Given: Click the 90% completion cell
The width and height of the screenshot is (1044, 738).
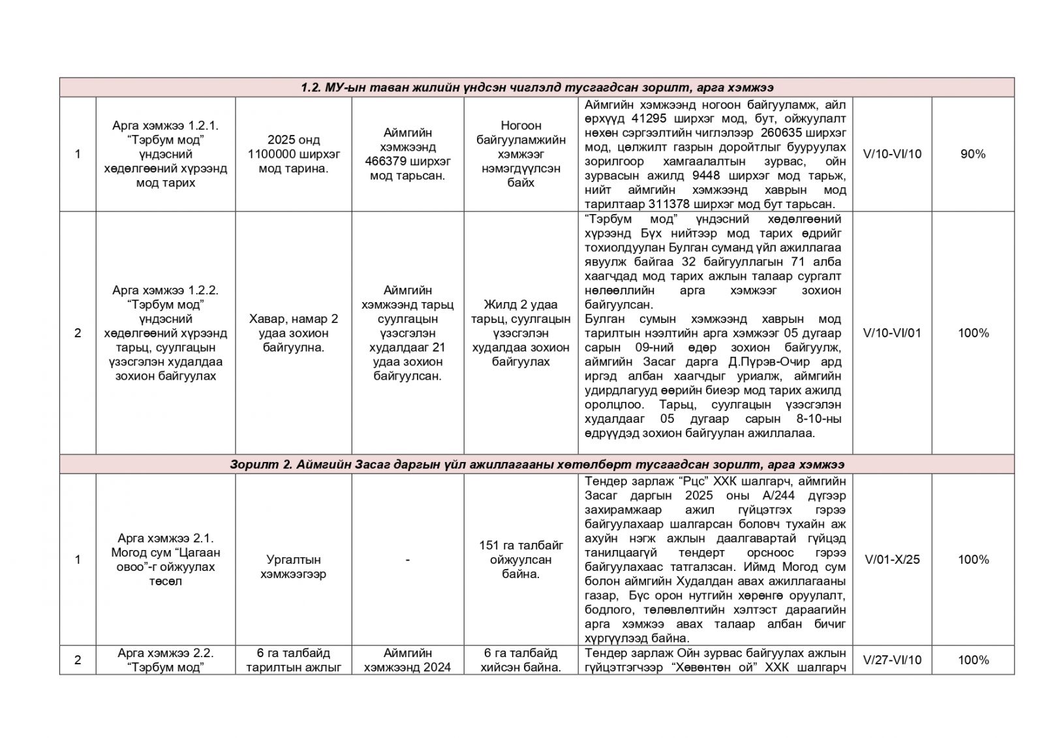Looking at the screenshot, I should [x=972, y=154].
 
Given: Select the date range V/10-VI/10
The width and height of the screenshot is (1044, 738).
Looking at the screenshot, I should [x=892, y=154].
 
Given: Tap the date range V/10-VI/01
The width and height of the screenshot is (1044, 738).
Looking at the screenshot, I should [x=892, y=333].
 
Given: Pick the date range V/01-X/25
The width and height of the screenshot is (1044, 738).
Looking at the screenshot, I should [x=892, y=559].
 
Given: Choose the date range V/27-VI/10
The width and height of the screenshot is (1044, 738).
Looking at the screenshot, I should [x=892, y=660].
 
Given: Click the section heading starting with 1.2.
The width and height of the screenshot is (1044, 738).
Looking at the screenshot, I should [x=536, y=87].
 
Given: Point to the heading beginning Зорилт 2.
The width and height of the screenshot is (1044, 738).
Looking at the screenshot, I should [x=536, y=464].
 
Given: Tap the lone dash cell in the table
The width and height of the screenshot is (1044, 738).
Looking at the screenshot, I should [x=407, y=559].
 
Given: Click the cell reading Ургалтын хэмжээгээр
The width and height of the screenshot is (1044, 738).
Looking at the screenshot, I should [x=293, y=566].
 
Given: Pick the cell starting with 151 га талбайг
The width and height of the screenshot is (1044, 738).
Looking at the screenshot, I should [x=521, y=559].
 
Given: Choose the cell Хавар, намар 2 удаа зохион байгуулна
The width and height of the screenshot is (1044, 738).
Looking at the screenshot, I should [x=293, y=333].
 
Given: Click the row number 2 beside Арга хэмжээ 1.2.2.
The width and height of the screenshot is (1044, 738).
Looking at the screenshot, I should [x=78, y=333].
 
